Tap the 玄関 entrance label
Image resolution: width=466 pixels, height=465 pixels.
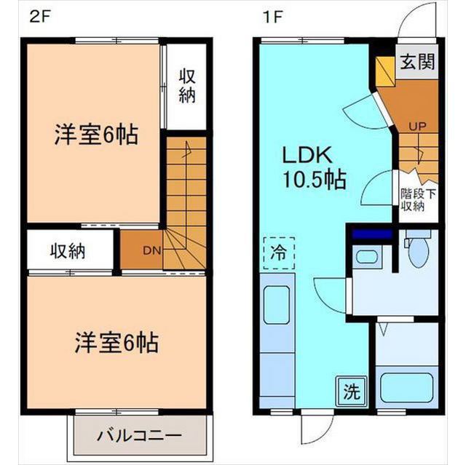(416, 62)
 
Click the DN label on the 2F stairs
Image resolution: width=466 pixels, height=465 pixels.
(151, 251)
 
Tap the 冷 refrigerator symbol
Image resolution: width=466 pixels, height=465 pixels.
(279, 253)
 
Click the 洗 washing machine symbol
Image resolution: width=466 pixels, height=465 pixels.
(351, 393)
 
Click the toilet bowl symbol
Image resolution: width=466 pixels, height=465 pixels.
(419, 250)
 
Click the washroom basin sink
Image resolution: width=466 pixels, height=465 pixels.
(366, 256)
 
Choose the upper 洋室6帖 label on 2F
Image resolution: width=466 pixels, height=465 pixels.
(95, 135)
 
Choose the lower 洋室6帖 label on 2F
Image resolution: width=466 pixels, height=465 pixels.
(116, 341)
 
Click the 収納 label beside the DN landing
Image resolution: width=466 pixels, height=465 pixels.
(68, 251)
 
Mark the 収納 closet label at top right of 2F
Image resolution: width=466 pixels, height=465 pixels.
(187, 86)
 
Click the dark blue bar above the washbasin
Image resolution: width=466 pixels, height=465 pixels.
(372, 234)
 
